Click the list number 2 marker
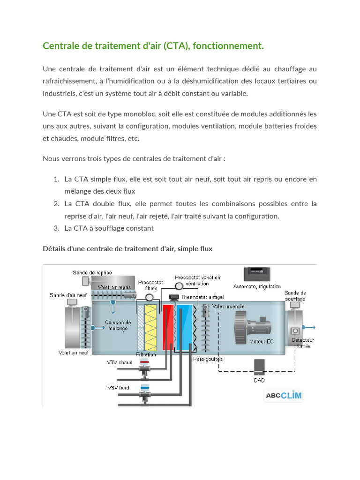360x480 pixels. (56, 203)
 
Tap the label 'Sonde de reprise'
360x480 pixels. (92, 272)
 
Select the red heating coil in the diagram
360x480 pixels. (167, 327)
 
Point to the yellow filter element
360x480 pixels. (152, 327)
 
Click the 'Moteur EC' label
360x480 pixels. (261, 341)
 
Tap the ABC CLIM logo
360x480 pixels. (284, 395)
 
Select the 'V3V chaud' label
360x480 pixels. (120, 362)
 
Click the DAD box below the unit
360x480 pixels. (259, 367)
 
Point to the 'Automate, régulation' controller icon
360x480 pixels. (257, 274)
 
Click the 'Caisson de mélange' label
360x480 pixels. (118, 325)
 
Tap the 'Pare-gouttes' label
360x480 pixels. (208, 359)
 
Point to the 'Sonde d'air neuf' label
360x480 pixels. (68, 295)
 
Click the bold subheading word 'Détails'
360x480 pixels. (54, 249)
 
